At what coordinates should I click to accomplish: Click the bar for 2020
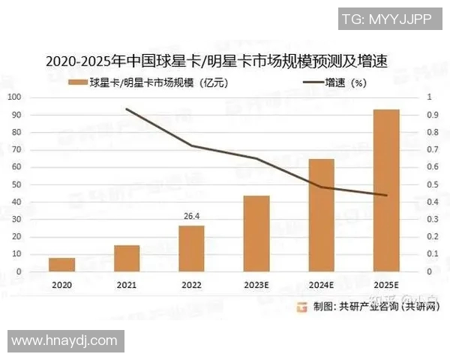click(61, 264)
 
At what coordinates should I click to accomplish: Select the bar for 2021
click(127, 258)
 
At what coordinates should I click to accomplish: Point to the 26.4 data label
click(191, 217)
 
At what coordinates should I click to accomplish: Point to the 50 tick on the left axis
click(16, 184)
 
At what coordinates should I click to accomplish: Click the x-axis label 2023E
click(256, 286)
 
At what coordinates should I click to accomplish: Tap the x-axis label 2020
click(61, 286)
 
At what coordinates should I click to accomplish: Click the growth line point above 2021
click(127, 109)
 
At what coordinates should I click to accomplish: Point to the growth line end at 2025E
click(386, 195)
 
